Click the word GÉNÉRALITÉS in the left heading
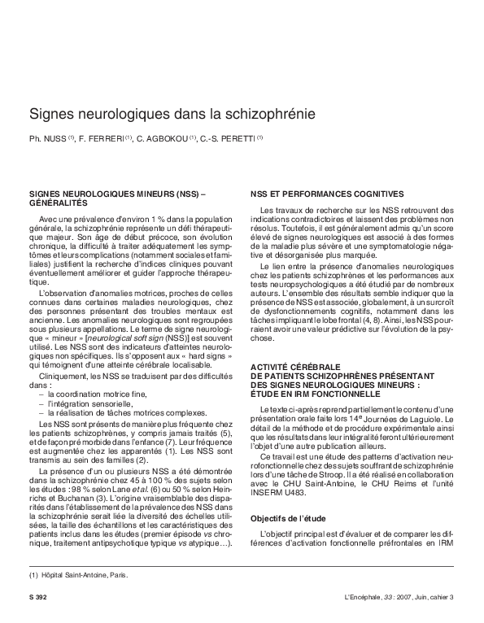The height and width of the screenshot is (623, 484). (x=56, y=203)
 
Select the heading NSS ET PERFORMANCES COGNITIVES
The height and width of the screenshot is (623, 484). (x=327, y=194)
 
